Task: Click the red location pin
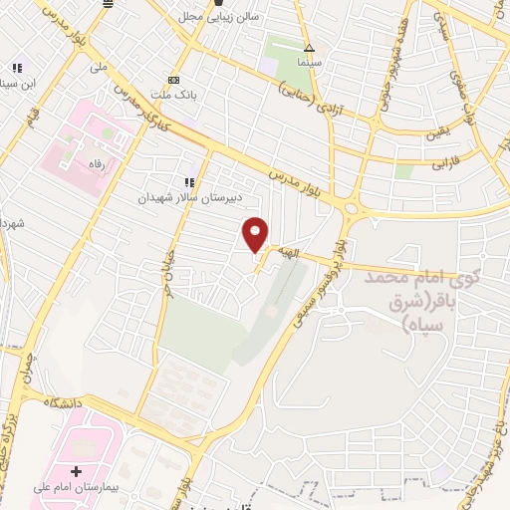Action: [x=256, y=234]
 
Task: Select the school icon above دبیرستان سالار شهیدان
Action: [x=189, y=181]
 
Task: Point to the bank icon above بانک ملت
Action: [x=175, y=79]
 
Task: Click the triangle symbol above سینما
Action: [x=310, y=47]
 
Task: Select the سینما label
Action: [x=310, y=62]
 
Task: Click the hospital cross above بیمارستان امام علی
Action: [x=76, y=469]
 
